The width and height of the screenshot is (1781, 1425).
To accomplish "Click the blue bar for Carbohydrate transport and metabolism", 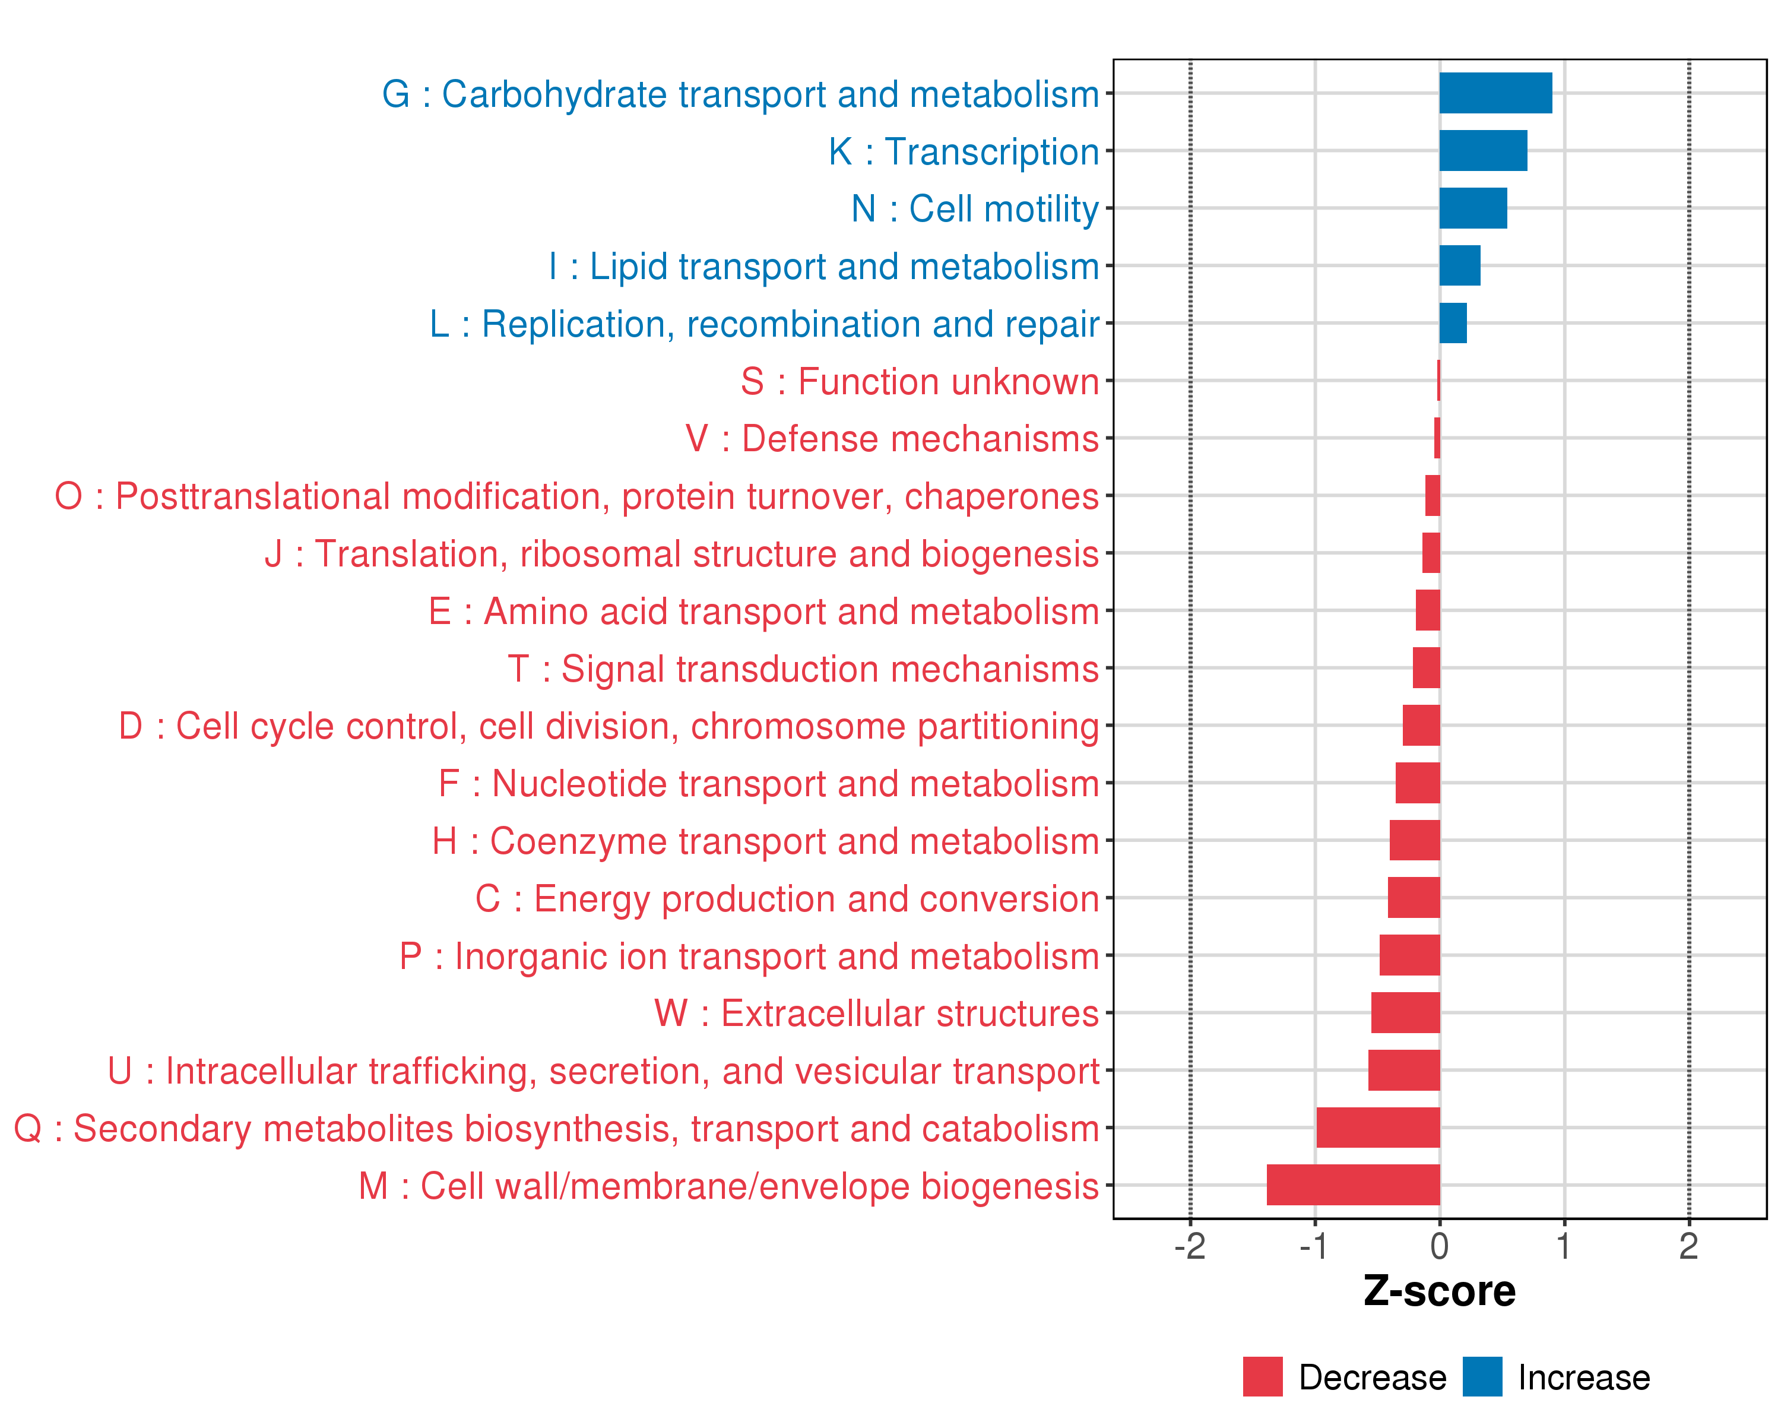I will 1495,93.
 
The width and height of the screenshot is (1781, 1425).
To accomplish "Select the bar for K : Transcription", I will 1483,150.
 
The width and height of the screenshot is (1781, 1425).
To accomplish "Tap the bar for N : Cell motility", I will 1473,208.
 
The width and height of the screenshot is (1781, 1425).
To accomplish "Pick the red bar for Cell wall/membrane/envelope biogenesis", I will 1353,1185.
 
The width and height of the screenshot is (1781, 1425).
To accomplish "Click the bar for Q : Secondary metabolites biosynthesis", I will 1378,1128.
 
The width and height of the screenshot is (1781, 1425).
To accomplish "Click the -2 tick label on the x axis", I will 1190,1246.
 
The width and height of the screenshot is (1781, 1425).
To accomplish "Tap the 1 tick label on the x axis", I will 1564,1246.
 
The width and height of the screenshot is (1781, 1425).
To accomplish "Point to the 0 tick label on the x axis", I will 1440,1246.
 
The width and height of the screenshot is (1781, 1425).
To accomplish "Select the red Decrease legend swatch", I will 1262,1377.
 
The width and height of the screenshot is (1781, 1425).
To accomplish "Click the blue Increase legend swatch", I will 1482,1377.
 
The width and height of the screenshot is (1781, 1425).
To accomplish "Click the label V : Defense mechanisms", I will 892,439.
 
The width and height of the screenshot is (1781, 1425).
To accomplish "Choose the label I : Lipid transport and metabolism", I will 823,266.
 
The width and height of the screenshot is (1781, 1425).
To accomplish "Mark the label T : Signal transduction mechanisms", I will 803,669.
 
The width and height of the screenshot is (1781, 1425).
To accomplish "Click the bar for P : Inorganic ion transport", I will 1409,955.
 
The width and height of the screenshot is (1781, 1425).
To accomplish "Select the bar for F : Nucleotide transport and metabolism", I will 1418,783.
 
